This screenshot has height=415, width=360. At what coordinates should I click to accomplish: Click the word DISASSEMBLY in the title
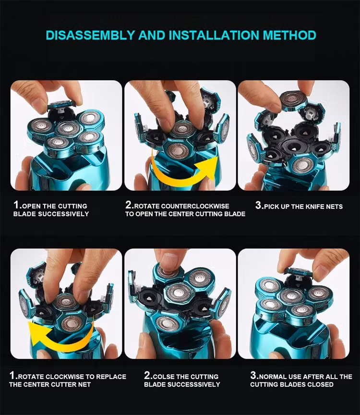pos(90,35)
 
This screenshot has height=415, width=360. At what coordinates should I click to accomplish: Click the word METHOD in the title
pos(289,35)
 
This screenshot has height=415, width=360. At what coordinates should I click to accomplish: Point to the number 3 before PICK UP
pos(258,205)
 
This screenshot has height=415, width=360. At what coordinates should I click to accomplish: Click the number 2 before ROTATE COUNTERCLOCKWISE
pos(129,205)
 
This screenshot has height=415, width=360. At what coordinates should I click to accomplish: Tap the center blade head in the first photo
pos(68,129)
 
